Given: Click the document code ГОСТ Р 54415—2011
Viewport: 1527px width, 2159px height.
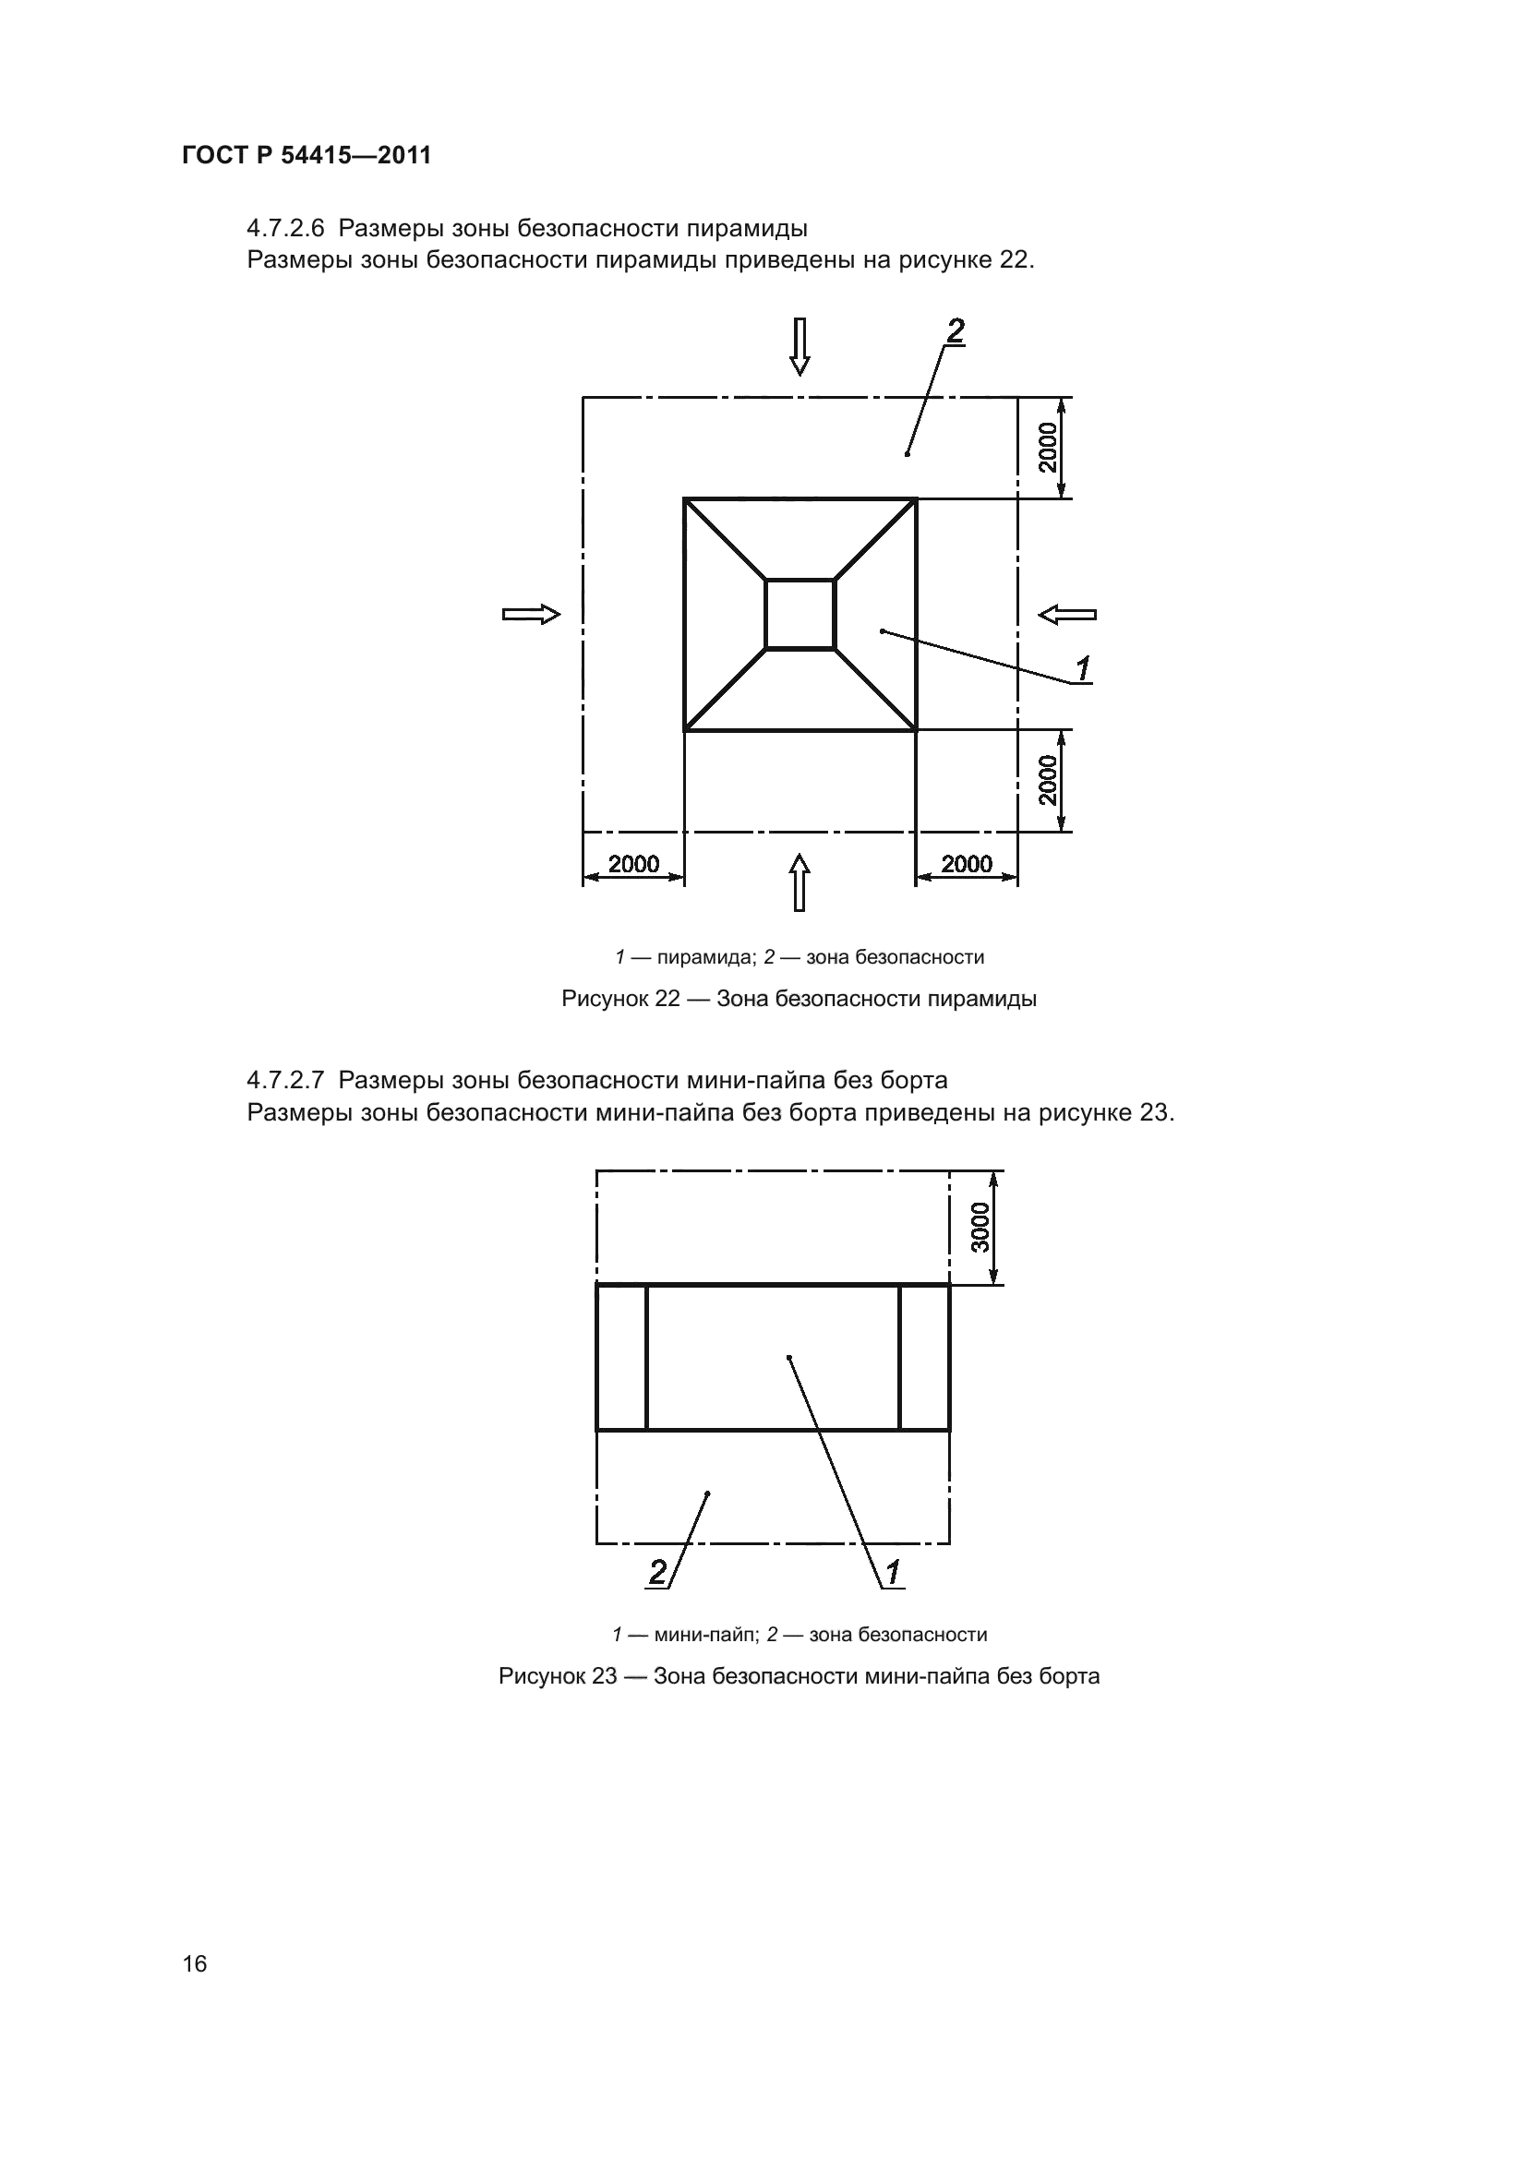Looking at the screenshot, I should click(x=307, y=155).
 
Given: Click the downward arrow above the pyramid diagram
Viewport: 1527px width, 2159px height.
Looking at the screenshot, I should click(x=800, y=346).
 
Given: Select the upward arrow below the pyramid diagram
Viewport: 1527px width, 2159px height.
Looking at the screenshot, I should click(x=800, y=882).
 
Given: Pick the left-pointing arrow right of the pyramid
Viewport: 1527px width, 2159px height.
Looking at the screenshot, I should click(x=1067, y=615).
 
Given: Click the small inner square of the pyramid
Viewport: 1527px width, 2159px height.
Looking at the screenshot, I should click(x=800, y=614).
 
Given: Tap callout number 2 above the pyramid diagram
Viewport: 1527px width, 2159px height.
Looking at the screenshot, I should click(x=955, y=331).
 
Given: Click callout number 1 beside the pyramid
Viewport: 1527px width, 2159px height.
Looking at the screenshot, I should click(x=1082, y=669).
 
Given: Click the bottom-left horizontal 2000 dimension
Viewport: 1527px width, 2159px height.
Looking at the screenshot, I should click(x=633, y=863).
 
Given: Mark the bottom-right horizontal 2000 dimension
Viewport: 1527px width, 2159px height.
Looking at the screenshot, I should click(x=967, y=863).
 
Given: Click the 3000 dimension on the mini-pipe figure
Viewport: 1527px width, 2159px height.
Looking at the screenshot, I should click(x=980, y=1227).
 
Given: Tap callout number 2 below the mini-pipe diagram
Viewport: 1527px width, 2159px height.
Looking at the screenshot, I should click(x=658, y=1572).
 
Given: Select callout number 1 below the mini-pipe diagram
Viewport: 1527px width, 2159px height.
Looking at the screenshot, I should click(x=893, y=1571).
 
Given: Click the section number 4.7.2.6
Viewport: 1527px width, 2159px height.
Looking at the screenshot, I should click(x=285, y=229).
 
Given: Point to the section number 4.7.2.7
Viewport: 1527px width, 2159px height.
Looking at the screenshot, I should click(x=285, y=1080).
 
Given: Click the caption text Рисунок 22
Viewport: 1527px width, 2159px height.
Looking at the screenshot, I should click(x=620, y=999).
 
